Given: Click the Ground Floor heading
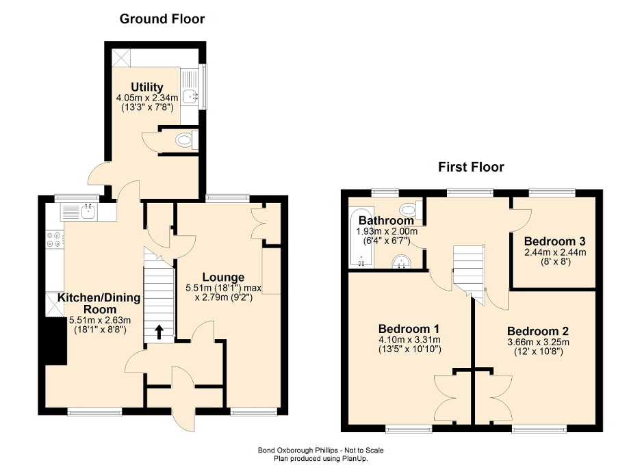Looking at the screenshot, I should [x=162, y=18].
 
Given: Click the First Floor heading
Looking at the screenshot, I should [x=471, y=167].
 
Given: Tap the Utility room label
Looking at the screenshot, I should [x=147, y=87].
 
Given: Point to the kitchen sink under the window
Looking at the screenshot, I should [x=87, y=212].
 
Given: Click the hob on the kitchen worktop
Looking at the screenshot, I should [x=54, y=239].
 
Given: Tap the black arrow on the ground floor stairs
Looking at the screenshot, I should [x=159, y=332].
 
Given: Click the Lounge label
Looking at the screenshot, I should [x=222, y=277].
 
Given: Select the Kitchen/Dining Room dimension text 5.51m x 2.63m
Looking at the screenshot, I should [x=99, y=319].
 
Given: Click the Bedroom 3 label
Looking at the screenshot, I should [x=554, y=241].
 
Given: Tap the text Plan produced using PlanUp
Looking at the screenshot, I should [x=320, y=459].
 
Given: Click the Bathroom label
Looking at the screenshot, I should [x=386, y=221].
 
